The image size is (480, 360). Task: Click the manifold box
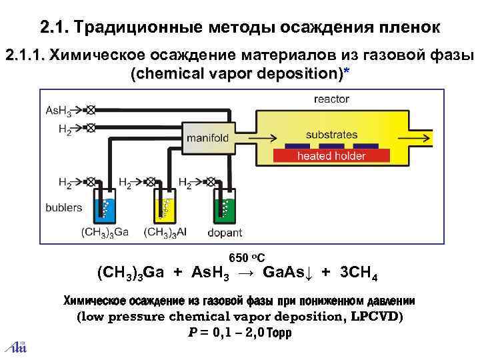point(207,138)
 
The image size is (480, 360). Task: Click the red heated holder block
point(331,156)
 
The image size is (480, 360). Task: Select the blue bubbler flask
point(105,207)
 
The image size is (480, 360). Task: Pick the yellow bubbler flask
point(163,207)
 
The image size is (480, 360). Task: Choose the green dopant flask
point(224,207)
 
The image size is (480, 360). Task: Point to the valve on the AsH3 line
point(91,109)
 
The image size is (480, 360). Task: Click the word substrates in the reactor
point(331,135)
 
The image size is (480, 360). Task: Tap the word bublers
point(63,207)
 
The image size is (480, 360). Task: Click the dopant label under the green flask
point(225,233)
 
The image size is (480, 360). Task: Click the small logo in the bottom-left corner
point(18,345)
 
